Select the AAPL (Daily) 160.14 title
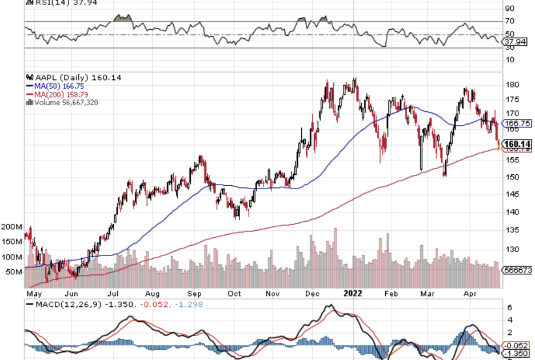tap(70, 78)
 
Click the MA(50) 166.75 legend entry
tap(55, 86)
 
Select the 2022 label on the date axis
tap(353, 293)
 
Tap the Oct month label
tap(234, 294)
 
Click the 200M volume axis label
tap(11, 227)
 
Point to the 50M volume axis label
tap(14, 271)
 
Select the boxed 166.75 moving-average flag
tap(516, 123)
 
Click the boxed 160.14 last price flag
tap(516, 143)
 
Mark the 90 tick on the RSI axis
tap(509, 9)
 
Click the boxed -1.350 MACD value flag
tap(516, 354)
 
